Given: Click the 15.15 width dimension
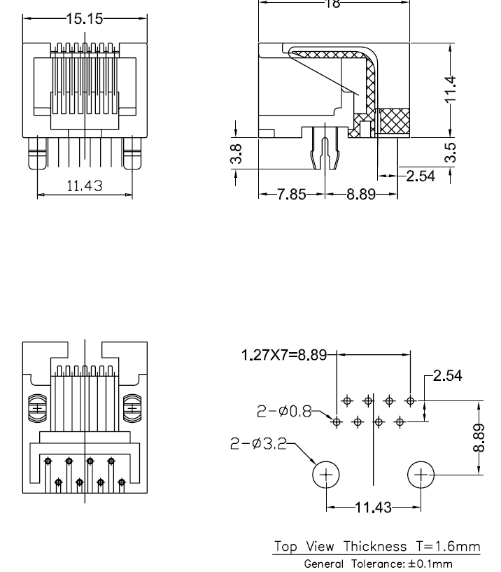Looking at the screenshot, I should pyautogui.click(x=85, y=19).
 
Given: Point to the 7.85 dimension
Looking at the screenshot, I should pyautogui.click(x=291, y=195).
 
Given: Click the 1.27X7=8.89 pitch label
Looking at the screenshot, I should pyautogui.click(x=284, y=355).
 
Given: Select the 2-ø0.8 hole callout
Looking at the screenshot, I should pyautogui.click(x=283, y=412).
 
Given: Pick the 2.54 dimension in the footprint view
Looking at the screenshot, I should pyautogui.click(x=447, y=376).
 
